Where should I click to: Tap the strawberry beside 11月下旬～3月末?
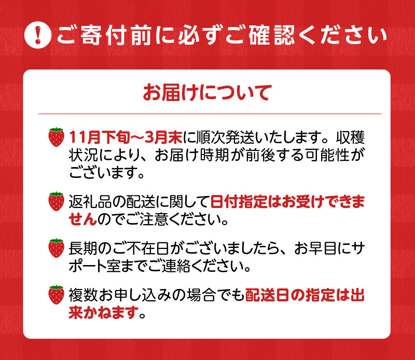coord(56,137)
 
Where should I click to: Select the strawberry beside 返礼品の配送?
coord(56,201)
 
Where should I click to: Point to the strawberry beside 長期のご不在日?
coord(56,248)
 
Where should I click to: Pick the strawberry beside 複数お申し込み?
coord(56,295)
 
